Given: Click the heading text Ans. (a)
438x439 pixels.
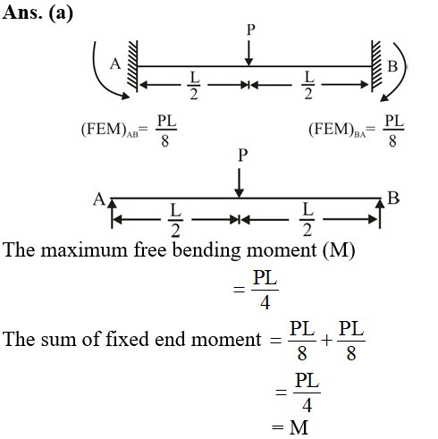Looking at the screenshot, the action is [38, 13].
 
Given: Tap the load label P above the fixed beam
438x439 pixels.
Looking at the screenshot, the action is [251, 30].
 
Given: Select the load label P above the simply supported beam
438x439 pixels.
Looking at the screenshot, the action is [243, 156].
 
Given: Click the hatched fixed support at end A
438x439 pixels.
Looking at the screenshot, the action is [132, 66].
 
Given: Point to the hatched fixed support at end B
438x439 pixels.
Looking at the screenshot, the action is [376, 66].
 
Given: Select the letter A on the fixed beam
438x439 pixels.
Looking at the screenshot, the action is [115, 64].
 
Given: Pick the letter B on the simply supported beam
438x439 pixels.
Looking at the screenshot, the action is [393, 198].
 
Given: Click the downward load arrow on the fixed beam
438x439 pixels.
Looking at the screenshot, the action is [248, 53].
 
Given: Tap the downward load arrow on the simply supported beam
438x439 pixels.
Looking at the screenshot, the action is [239, 183].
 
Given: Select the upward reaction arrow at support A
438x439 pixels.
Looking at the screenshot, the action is [112, 214].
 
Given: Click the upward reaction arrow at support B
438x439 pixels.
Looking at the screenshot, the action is [380, 214].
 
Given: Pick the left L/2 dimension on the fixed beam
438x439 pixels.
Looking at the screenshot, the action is [194, 85].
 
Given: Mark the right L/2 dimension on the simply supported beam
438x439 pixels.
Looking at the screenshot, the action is [307, 220].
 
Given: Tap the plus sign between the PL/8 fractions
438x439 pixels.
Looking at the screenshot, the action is [326, 341].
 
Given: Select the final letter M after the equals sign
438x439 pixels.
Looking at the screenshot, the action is [299, 427].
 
